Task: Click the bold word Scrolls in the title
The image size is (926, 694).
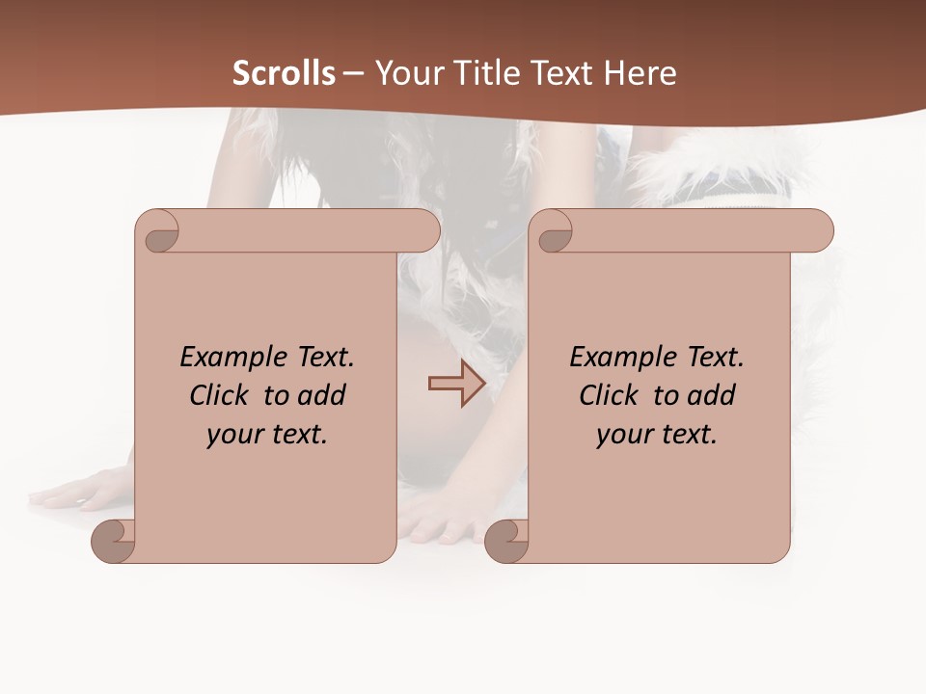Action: click(x=284, y=73)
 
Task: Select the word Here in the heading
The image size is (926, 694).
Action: click(x=640, y=73)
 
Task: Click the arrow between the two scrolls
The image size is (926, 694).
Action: click(x=456, y=384)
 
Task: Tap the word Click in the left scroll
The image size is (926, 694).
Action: click(x=222, y=395)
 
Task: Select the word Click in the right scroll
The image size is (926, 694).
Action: click(x=612, y=395)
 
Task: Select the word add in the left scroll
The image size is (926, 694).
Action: click(x=323, y=395)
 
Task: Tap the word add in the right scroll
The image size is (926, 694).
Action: click(x=713, y=395)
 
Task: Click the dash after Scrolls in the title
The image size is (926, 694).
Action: click(x=353, y=74)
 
